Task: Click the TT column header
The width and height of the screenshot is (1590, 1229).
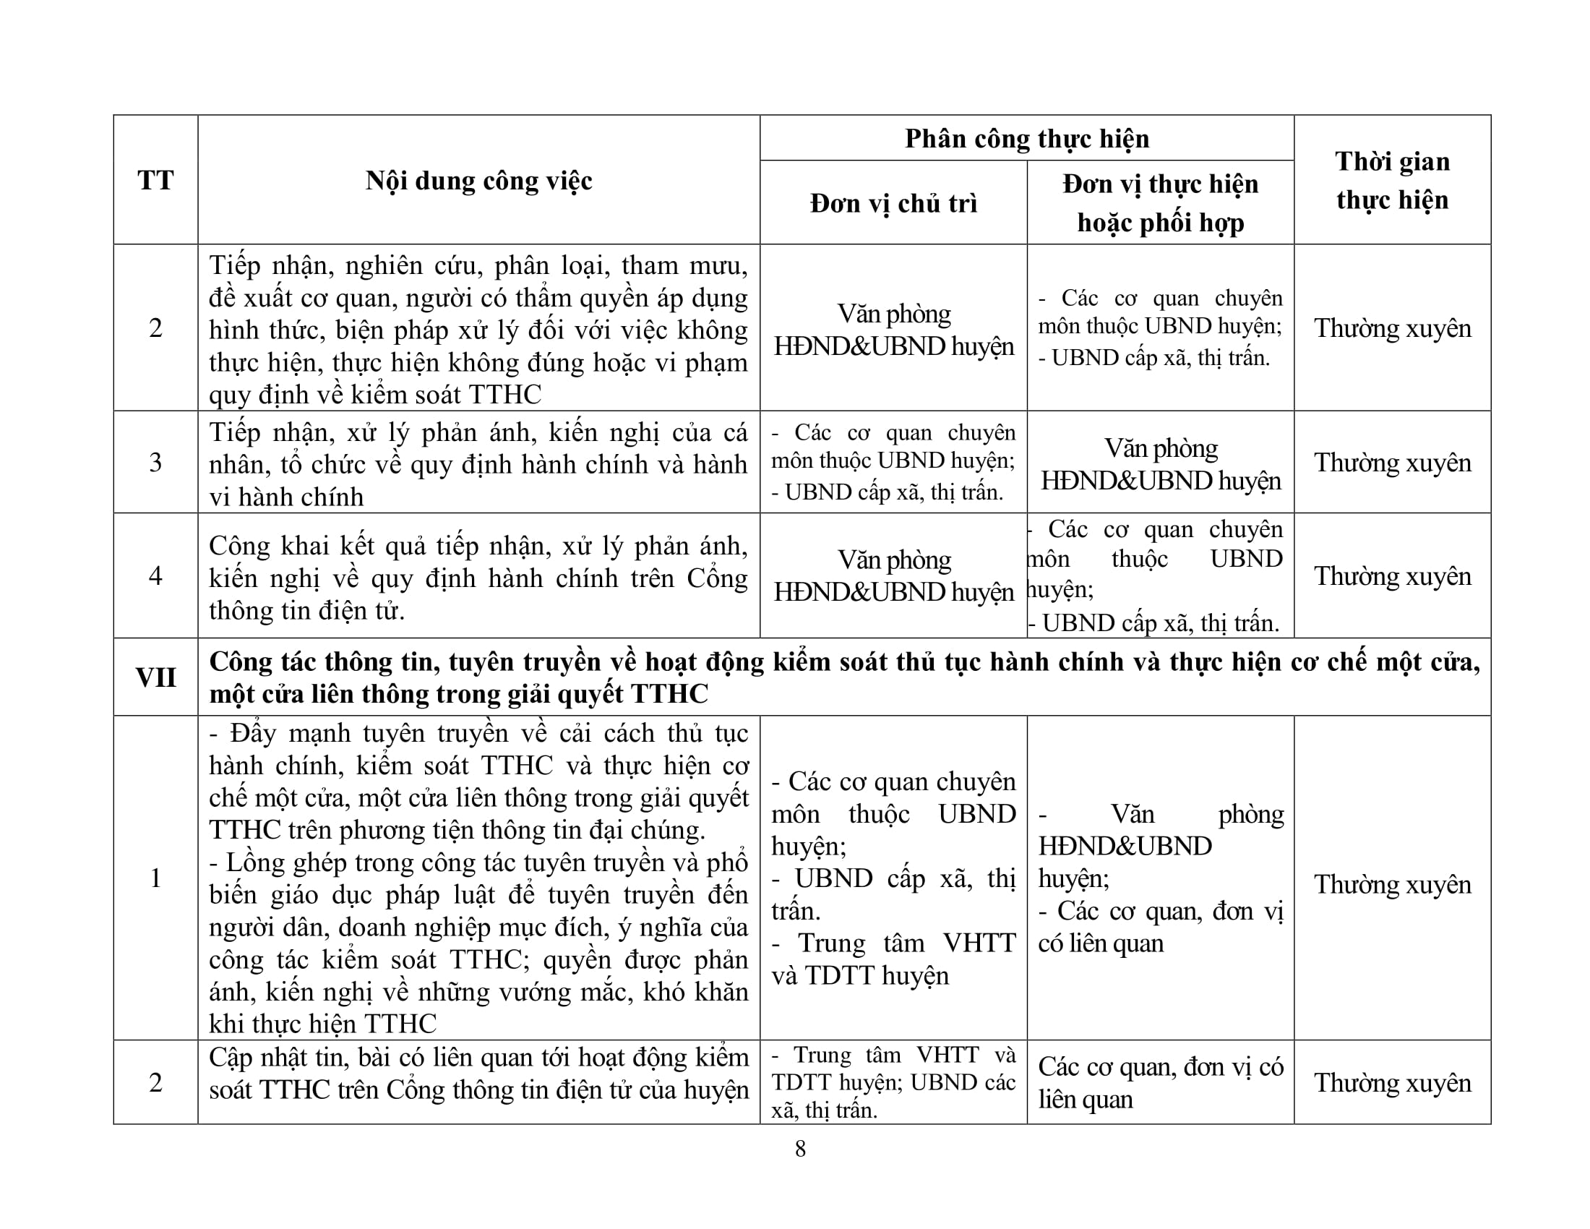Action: (x=155, y=180)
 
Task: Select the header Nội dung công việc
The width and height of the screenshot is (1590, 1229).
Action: (x=478, y=181)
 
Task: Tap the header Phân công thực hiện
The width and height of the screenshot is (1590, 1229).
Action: (x=1026, y=138)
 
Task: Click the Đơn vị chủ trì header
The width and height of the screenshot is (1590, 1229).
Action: (x=893, y=203)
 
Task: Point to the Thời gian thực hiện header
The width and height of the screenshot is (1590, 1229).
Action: (x=1392, y=180)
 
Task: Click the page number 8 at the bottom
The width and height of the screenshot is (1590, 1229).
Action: (x=800, y=1148)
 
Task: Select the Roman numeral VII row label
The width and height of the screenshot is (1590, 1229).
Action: (x=155, y=677)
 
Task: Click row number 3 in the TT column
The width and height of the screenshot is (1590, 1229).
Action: (x=155, y=463)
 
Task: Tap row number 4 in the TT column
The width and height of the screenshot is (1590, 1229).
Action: (x=155, y=576)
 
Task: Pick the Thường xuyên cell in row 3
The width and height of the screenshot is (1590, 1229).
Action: (x=1392, y=463)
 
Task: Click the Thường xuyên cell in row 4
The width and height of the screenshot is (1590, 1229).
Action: (x=1392, y=576)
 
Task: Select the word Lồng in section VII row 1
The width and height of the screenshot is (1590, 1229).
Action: (x=253, y=862)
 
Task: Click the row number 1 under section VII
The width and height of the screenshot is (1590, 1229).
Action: (x=155, y=878)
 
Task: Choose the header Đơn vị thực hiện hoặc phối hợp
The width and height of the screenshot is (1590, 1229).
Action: (x=1161, y=203)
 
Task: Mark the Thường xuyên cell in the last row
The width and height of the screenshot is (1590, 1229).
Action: (x=1392, y=1083)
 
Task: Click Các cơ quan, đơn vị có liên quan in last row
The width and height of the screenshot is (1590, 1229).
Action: (x=1161, y=1083)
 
